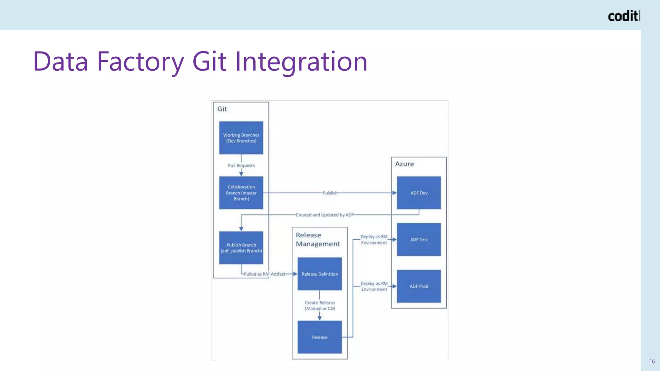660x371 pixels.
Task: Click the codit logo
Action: (x=623, y=16)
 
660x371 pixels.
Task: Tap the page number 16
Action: (x=652, y=361)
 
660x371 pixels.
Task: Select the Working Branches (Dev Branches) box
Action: (x=241, y=138)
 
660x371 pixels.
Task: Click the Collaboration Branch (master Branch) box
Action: (x=241, y=193)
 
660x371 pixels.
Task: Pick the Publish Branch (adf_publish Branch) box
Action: (x=241, y=248)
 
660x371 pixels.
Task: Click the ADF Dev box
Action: (x=419, y=193)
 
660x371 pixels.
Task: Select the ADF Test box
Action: (x=419, y=240)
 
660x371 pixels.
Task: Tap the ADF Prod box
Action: (x=419, y=286)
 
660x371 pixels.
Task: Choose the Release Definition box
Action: (x=320, y=274)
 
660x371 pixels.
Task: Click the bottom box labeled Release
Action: (x=320, y=337)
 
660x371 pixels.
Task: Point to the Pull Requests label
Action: (x=241, y=165)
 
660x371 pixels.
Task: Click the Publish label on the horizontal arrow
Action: (x=330, y=193)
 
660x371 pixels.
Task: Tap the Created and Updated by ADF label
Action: (x=325, y=215)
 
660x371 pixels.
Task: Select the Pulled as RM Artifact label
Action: (x=264, y=274)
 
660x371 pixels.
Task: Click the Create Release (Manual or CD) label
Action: (x=320, y=305)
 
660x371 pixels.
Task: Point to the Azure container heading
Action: (x=404, y=164)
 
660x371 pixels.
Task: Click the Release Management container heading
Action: (x=317, y=239)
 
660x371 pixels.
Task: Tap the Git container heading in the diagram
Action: (x=222, y=109)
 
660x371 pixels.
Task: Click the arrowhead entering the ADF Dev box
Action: (x=394, y=193)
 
